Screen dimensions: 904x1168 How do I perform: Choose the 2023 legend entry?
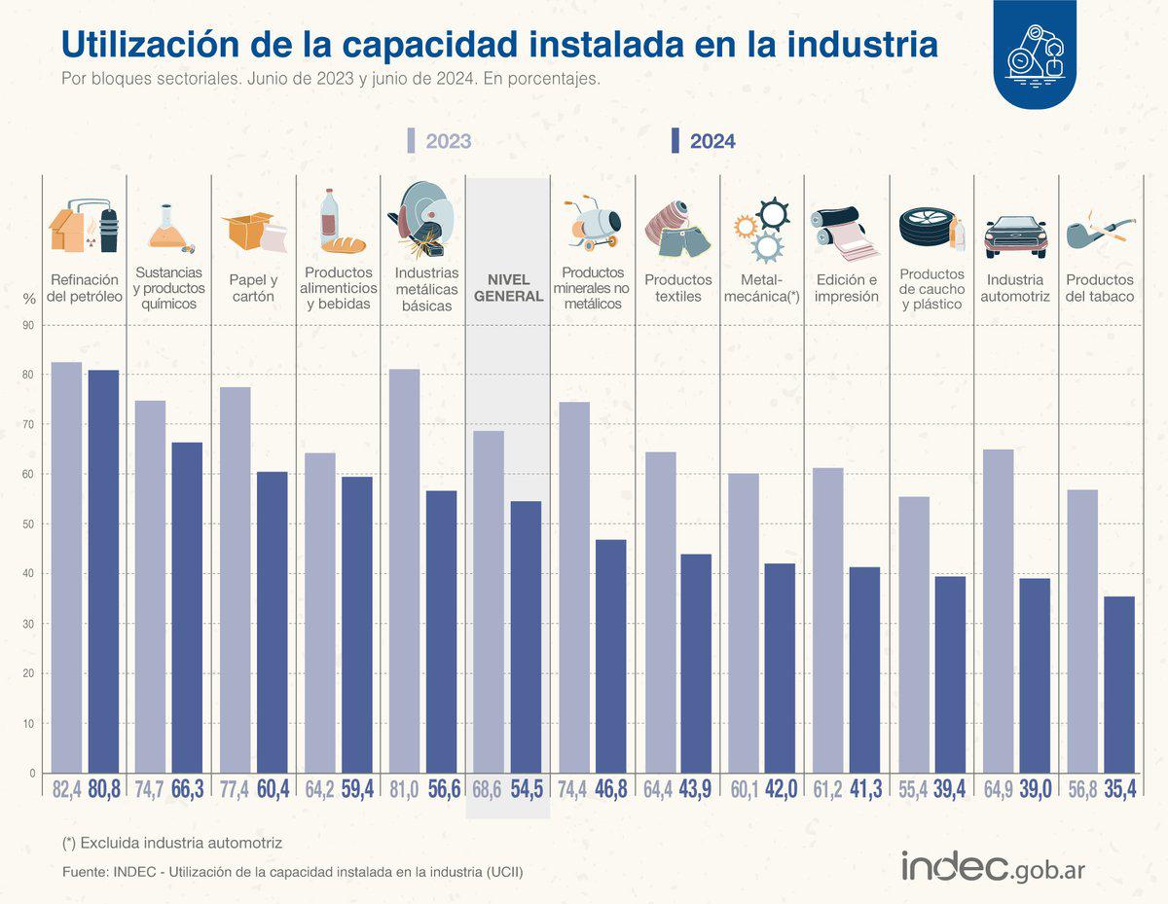439,141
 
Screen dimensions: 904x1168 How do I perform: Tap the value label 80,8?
103,789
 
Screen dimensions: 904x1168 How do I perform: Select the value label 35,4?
1120,789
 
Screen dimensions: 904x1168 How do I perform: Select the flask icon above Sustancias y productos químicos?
168,227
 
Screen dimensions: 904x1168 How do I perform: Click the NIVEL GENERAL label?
508,288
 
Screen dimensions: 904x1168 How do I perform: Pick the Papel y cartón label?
252,288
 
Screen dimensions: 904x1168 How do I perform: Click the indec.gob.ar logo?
993,865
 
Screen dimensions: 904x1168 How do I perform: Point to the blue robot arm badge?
1035,54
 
